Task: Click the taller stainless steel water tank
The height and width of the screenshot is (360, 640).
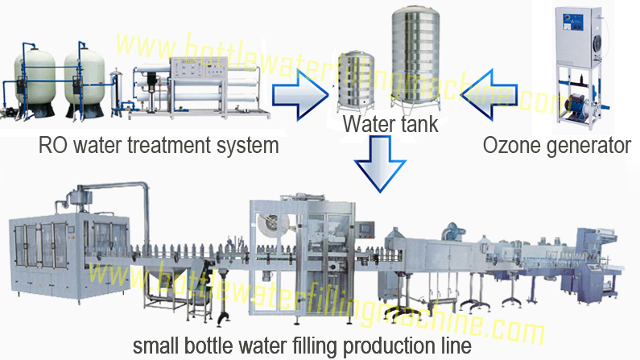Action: pyautogui.click(x=415, y=58)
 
